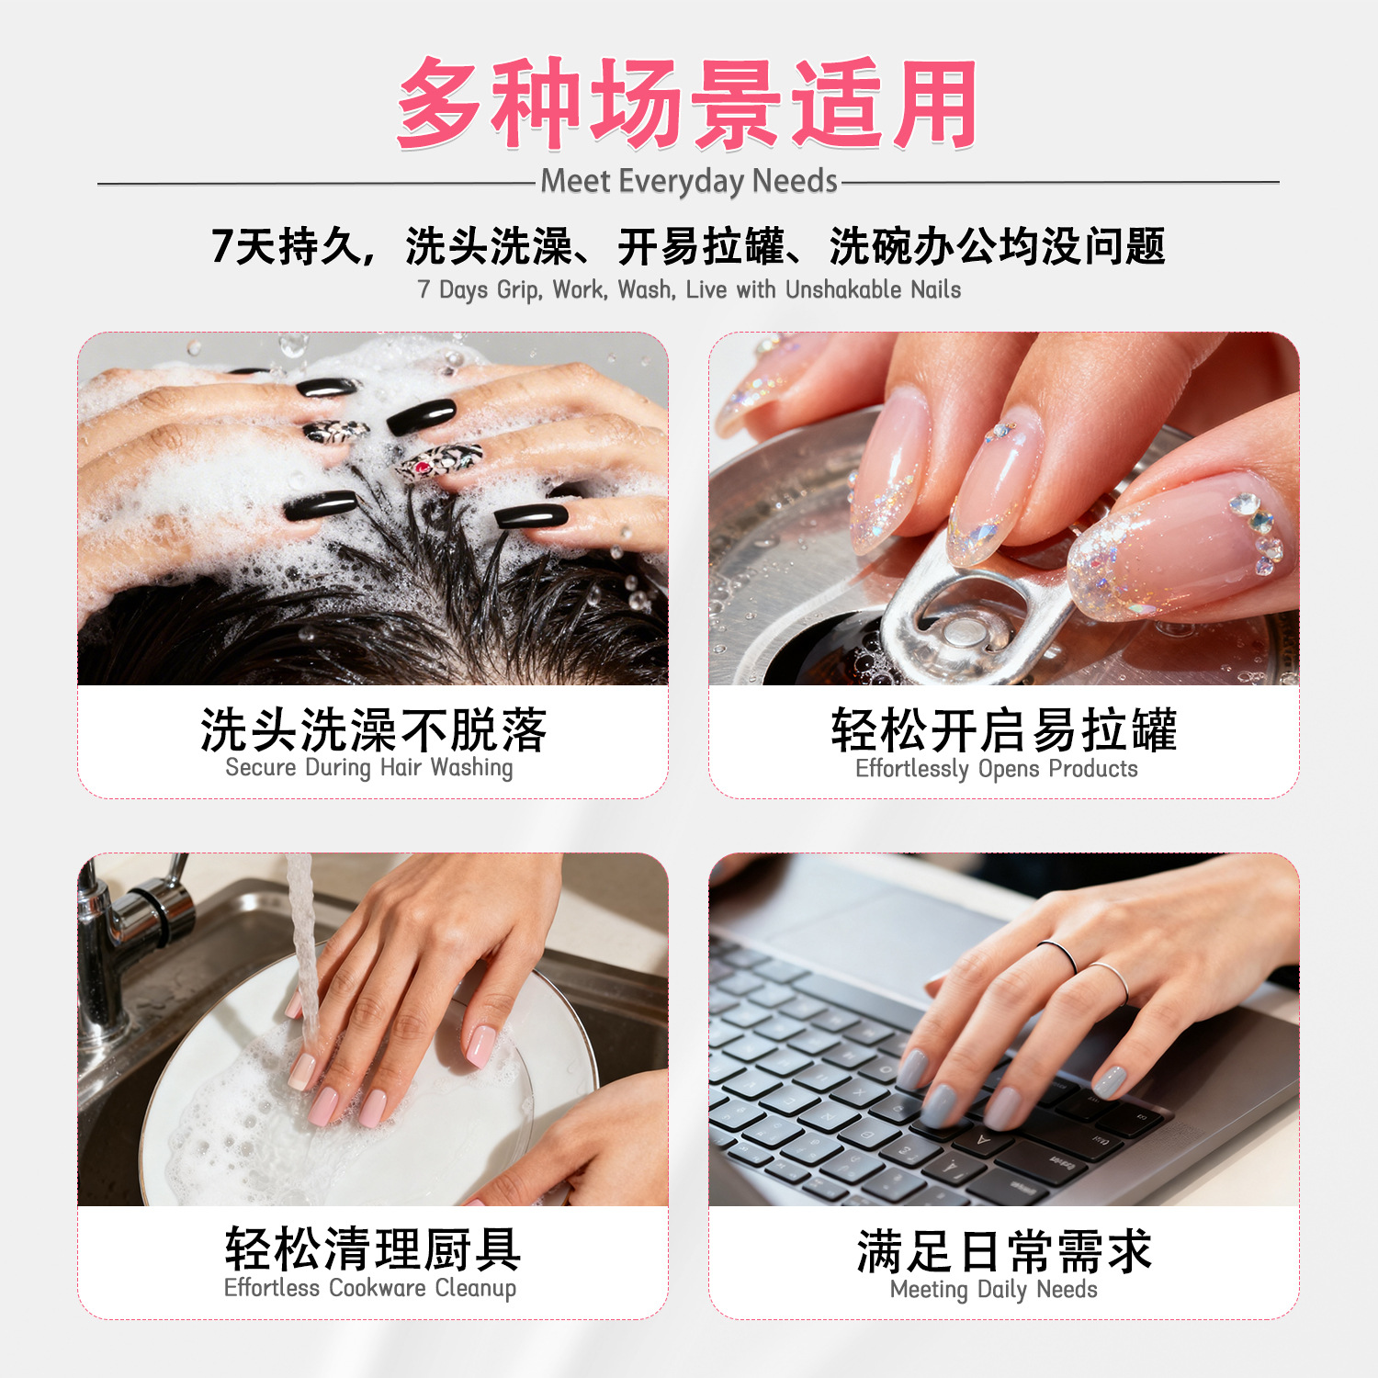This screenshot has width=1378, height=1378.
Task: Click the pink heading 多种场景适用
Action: (x=687, y=104)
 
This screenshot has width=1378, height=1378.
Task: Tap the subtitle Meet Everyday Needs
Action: (x=688, y=181)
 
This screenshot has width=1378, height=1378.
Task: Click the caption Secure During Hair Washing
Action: (x=369, y=767)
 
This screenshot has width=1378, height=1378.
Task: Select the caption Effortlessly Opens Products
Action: (x=997, y=769)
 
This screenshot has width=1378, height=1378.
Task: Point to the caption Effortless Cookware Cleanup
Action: (x=370, y=1288)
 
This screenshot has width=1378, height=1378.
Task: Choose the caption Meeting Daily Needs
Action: (x=994, y=1290)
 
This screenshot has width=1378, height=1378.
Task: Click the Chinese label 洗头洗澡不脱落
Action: (x=373, y=730)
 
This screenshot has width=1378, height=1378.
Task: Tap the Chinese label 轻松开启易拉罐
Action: (x=1004, y=730)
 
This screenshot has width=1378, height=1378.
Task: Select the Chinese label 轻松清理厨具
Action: (x=373, y=1249)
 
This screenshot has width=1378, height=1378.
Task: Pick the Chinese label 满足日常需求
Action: (x=1004, y=1251)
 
